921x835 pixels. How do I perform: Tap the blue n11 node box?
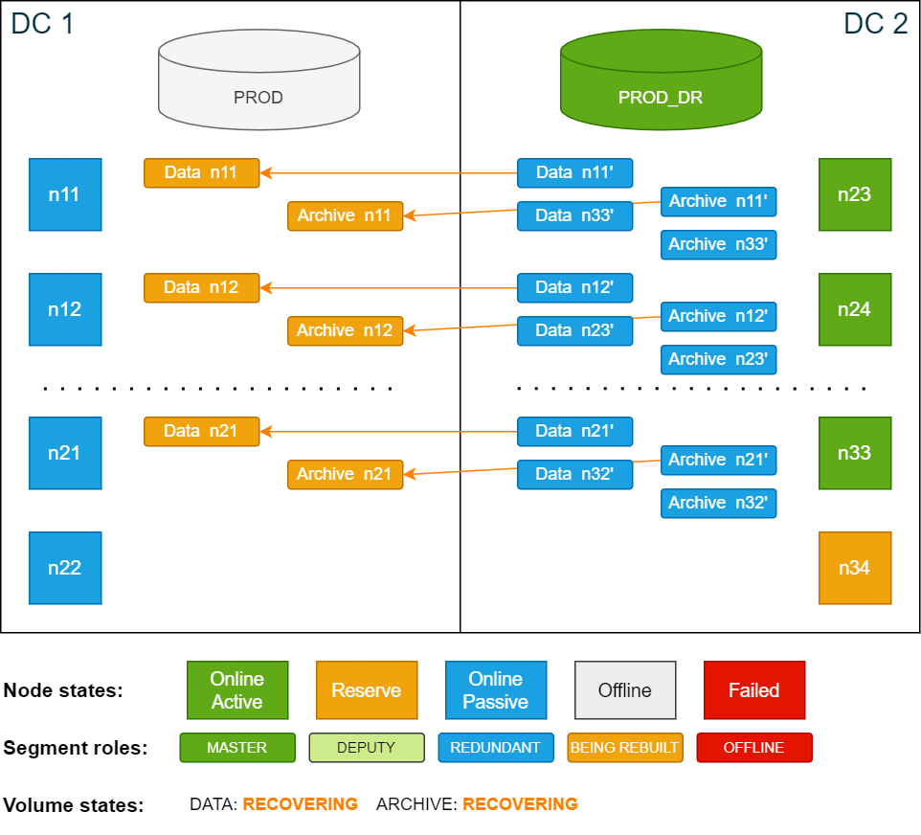[x=65, y=194]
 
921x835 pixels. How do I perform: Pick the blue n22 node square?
[x=65, y=568]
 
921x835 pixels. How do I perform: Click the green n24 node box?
[x=855, y=309]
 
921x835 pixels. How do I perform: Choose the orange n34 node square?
[x=855, y=568]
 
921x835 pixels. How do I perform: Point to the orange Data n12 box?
[x=201, y=287]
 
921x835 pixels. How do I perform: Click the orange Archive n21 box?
[x=345, y=474]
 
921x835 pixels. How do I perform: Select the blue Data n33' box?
[x=574, y=215]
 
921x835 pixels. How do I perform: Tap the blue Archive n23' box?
[x=718, y=359]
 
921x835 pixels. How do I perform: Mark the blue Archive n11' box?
[x=718, y=201]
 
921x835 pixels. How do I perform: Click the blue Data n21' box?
[x=574, y=431]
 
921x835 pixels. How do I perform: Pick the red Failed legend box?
[x=753, y=690]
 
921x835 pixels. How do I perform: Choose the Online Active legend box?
[x=237, y=690]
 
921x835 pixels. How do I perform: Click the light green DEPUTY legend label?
[x=366, y=748]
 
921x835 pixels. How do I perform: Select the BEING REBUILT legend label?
[x=624, y=748]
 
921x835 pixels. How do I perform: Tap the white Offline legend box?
[x=625, y=690]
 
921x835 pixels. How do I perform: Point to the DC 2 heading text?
[x=875, y=23]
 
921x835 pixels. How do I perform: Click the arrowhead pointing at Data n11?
[x=266, y=173]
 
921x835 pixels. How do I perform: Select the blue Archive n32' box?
[x=718, y=503]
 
